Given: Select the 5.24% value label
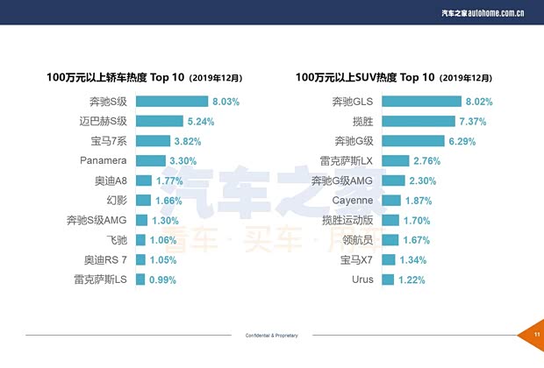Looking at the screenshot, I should point(199,121).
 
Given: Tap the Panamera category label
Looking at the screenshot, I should point(104,160).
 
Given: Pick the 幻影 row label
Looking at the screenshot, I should point(116,201).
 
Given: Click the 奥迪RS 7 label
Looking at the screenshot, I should point(105,260).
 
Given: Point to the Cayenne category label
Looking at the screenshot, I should point(354,201).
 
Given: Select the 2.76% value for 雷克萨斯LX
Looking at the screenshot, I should point(426,160).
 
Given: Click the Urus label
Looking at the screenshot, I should point(361,280).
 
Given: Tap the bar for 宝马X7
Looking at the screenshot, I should point(388,260).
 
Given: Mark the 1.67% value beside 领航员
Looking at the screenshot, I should point(418,240).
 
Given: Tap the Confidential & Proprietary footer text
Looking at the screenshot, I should point(272,336).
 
